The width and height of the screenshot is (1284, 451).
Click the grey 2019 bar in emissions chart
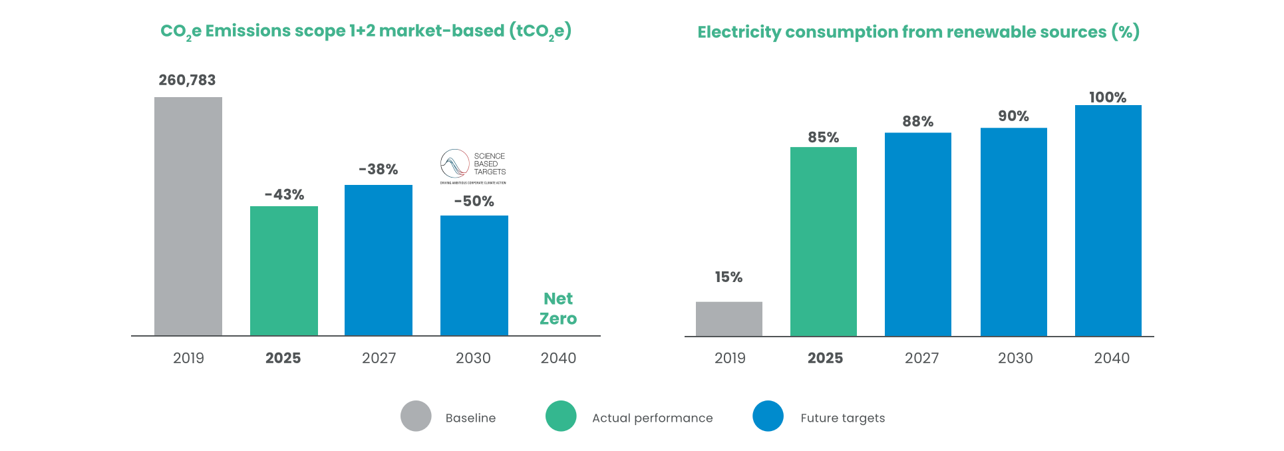(188, 216)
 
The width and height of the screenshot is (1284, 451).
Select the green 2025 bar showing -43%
(284, 271)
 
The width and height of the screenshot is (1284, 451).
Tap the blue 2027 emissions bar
(379, 260)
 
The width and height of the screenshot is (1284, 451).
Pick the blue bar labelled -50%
(474, 275)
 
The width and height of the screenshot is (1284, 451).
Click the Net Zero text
(558, 309)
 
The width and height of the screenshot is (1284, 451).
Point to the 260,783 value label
(187, 80)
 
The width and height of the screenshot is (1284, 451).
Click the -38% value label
(379, 170)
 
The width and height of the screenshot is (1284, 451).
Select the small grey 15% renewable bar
(729, 319)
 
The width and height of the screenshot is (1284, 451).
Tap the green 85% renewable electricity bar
(824, 241)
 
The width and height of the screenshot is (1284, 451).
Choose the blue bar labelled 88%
(918, 234)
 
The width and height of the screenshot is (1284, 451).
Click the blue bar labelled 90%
(1014, 231)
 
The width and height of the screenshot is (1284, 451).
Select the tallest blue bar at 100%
(1108, 220)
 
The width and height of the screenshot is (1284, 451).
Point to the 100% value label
(1108, 97)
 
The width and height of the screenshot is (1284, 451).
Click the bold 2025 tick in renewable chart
(825, 358)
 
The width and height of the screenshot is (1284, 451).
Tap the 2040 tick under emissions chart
(558, 358)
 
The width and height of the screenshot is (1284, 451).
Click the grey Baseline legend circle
(416, 416)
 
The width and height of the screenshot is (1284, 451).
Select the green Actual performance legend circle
(561, 416)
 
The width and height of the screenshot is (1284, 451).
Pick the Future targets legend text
(842, 418)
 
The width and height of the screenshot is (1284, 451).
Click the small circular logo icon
(456, 164)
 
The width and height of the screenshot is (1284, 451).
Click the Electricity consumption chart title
(918, 32)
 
